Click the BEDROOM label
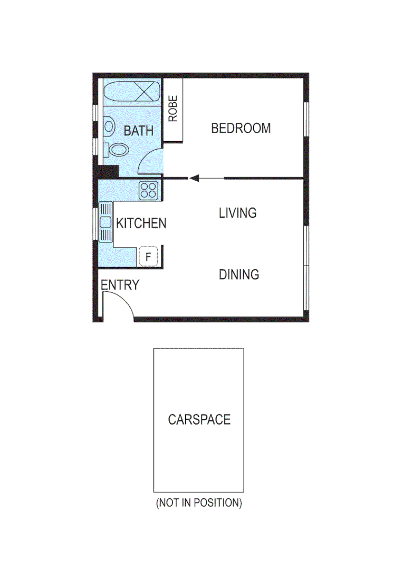pos(241,128)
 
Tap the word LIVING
pos(237,213)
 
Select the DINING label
pos(239,274)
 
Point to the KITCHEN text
pos(141,223)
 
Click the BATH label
pos(138,131)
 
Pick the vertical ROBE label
pos(173,109)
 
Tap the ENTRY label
pos(120,285)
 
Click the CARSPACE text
pos(199,420)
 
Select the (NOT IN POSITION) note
pos(198,503)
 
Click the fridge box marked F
pos(148,257)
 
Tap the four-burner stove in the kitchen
pos(149,190)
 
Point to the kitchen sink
pos(106,222)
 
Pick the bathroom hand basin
pos(109,126)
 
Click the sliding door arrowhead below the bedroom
pos(194,179)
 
